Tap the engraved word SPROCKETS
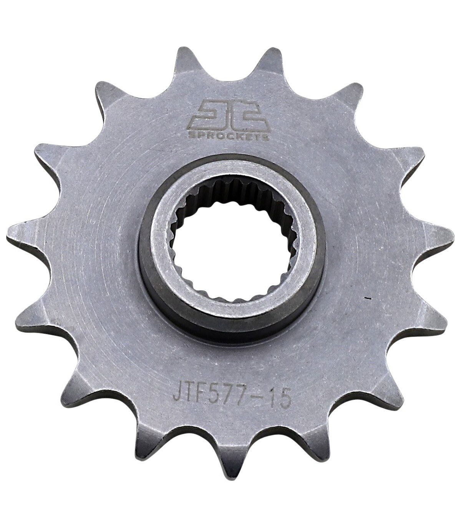coord(229,136)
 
